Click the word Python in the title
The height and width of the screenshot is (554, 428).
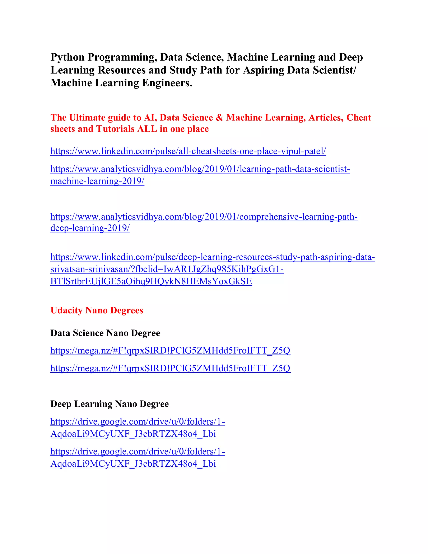click(68, 57)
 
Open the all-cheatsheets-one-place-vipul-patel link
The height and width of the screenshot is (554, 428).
click(188, 151)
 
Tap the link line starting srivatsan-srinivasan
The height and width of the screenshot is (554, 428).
click(167, 269)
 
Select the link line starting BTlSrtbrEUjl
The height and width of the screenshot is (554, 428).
click(151, 281)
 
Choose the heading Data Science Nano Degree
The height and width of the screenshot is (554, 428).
click(105, 333)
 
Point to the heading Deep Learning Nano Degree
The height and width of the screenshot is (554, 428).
click(110, 404)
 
